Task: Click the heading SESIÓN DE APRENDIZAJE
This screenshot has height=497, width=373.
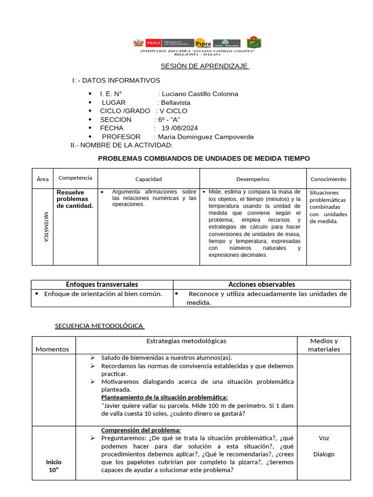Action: click(x=204, y=66)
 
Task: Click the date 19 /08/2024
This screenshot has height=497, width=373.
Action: click(x=180, y=128)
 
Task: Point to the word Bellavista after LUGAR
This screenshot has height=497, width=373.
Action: click(x=176, y=102)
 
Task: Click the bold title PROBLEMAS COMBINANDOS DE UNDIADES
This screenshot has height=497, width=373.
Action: click(x=203, y=159)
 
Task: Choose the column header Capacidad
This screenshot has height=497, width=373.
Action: click(x=148, y=179)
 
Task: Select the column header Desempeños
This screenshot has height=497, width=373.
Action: click(x=253, y=179)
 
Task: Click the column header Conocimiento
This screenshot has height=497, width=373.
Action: click(x=328, y=179)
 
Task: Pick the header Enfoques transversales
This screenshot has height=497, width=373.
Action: click(x=102, y=284)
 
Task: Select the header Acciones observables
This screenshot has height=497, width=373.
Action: click(x=262, y=284)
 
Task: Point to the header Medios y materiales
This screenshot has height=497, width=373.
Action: click(x=323, y=345)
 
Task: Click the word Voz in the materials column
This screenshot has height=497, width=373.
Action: click(x=323, y=438)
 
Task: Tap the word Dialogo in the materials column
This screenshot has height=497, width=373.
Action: click(x=323, y=454)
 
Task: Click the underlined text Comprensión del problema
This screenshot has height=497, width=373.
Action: click(x=141, y=430)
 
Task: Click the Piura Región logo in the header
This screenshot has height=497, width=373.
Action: click(x=201, y=43)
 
